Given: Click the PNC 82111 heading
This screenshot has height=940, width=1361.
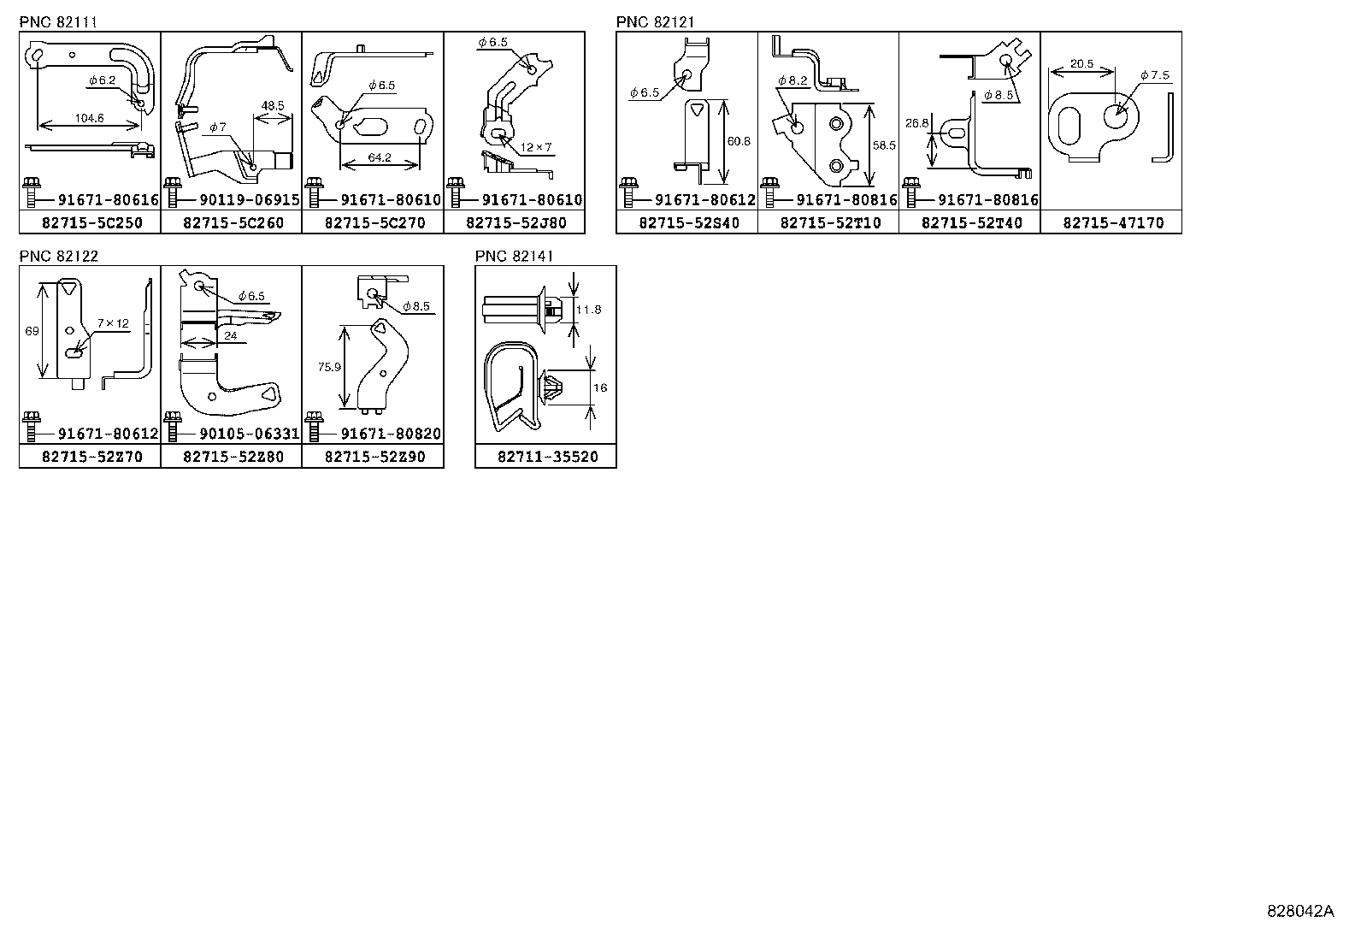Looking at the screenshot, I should click(58, 22).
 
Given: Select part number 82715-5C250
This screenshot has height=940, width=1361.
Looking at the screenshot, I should click(90, 223).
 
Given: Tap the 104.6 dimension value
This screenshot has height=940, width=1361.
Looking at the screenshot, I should click(90, 118).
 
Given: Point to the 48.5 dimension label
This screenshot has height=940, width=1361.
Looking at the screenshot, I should click(273, 106).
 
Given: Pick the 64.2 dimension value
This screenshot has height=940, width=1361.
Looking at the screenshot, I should click(380, 157).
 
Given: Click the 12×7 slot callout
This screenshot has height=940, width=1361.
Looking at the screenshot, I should click(539, 147).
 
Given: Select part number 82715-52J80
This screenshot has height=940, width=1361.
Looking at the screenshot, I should click(515, 223).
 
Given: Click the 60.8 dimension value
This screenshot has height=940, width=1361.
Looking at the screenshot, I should click(739, 141).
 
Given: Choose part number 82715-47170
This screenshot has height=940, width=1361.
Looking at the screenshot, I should click(1112, 223).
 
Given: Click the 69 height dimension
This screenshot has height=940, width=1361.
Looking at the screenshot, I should click(32, 331).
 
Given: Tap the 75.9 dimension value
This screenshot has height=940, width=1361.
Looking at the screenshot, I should click(330, 366).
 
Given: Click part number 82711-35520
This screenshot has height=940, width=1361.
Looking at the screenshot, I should click(546, 457).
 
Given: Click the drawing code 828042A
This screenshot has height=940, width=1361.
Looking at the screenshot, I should click(1299, 911).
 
